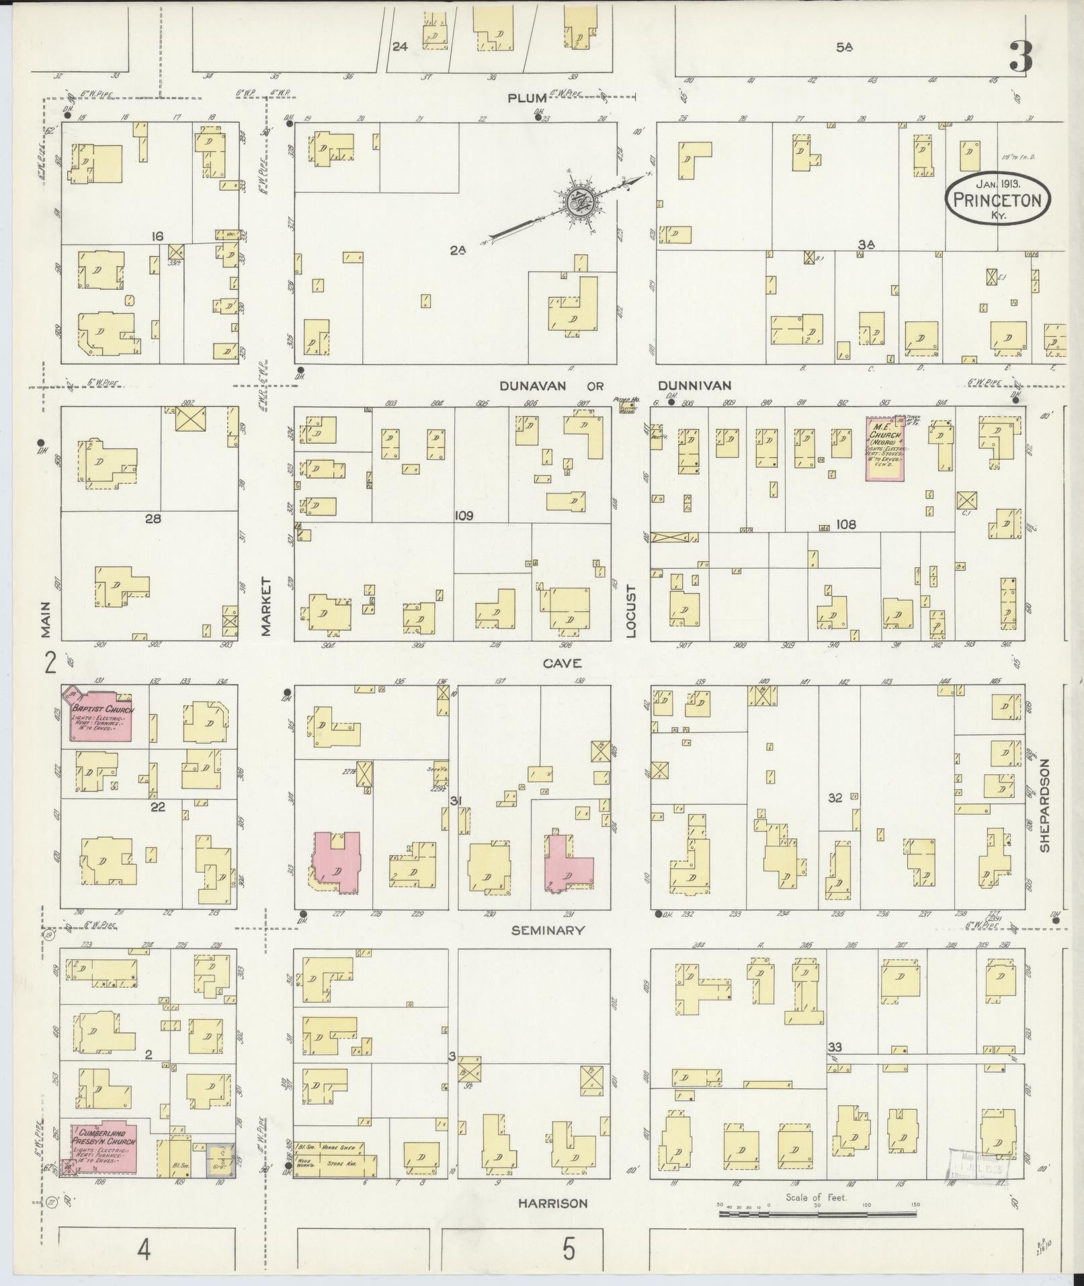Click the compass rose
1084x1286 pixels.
coord(577,201)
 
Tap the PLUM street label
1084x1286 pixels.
coord(527,98)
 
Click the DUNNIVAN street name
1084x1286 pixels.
coord(694,385)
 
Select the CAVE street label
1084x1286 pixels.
coord(562,664)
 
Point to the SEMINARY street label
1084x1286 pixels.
coord(548,930)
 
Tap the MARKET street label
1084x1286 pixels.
coord(265,606)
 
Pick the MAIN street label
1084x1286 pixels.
coord(45,619)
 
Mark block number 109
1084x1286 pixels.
coord(464,516)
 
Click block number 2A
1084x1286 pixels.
coord(458,250)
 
